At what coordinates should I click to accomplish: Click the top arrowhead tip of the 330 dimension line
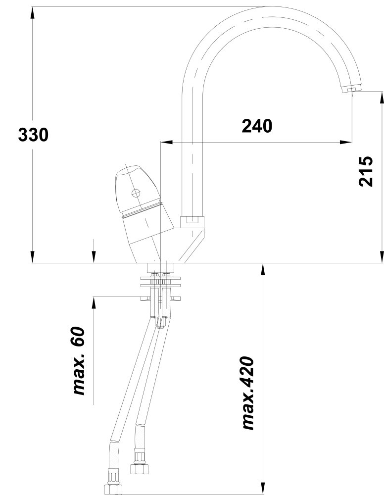[33, 7]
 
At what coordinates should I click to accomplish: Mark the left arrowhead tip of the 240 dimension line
[161, 142]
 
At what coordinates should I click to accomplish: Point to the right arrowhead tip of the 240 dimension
[352, 142]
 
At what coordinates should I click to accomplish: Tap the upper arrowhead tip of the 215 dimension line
[382, 92]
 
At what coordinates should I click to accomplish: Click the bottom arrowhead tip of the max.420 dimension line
[263, 494]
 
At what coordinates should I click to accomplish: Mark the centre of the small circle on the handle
[136, 193]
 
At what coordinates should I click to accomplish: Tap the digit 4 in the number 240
[257, 126]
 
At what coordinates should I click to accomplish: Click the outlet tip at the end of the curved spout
[351, 90]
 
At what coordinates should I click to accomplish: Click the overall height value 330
[33, 135]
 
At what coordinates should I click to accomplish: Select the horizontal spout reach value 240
[257, 126]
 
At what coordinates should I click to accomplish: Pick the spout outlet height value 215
[366, 171]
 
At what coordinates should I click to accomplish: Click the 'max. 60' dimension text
[79, 361]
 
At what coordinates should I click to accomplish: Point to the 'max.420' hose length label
[248, 393]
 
